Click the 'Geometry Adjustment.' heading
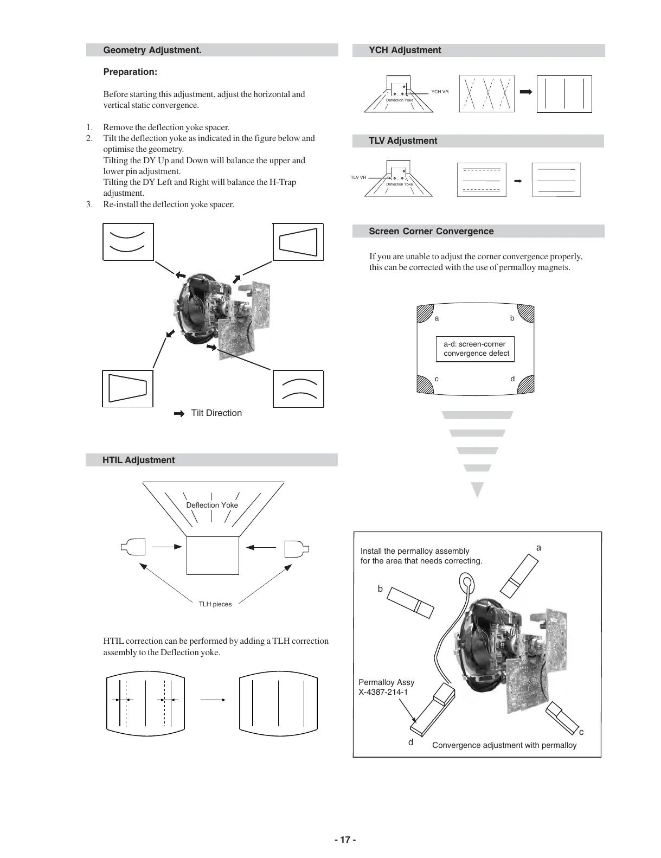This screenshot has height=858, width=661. click(152, 50)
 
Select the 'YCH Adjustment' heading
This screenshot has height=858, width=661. click(405, 50)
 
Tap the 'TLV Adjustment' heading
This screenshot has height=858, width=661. click(402, 141)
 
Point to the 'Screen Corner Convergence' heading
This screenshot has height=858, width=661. click(431, 232)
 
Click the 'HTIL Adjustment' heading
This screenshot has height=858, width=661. click(138, 460)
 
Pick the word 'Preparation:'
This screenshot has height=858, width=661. click(130, 72)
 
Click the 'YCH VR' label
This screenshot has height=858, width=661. click(440, 92)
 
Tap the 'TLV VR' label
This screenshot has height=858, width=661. click(358, 178)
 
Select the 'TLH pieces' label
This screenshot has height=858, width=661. click(215, 604)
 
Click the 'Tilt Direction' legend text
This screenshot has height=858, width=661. click(216, 413)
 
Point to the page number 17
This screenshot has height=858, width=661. click(345, 840)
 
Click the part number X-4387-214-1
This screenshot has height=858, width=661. click(383, 692)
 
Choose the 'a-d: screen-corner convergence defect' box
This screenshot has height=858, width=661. click(475, 349)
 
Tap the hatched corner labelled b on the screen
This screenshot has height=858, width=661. click(526, 314)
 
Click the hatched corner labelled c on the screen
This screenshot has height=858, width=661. click(424, 384)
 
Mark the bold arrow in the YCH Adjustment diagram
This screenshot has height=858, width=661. click(525, 92)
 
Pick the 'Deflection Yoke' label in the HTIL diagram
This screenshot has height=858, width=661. click(211, 505)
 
